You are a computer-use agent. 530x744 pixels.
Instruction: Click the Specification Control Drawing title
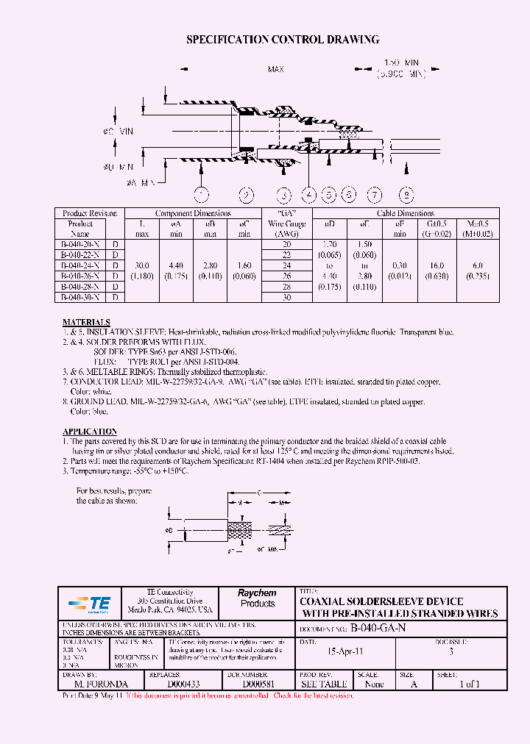(x=283, y=40)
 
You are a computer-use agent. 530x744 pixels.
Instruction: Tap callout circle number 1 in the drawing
(x=199, y=195)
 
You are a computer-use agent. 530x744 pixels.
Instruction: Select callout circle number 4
(x=309, y=195)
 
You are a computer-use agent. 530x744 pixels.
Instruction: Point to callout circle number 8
(x=406, y=195)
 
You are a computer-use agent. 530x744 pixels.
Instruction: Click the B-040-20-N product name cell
(x=81, y=244)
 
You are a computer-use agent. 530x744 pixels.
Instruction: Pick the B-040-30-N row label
(x=81, y=297)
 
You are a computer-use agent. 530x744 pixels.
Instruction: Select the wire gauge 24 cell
(x=287, y=265)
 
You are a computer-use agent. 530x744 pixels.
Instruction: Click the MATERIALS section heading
(x=86, y=323)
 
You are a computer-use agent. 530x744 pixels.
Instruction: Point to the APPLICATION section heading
(x=89, y=432)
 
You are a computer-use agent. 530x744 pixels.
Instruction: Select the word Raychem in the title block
(x=257, y=593)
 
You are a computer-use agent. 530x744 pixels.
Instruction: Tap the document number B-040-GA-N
(x=378, y=629)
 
